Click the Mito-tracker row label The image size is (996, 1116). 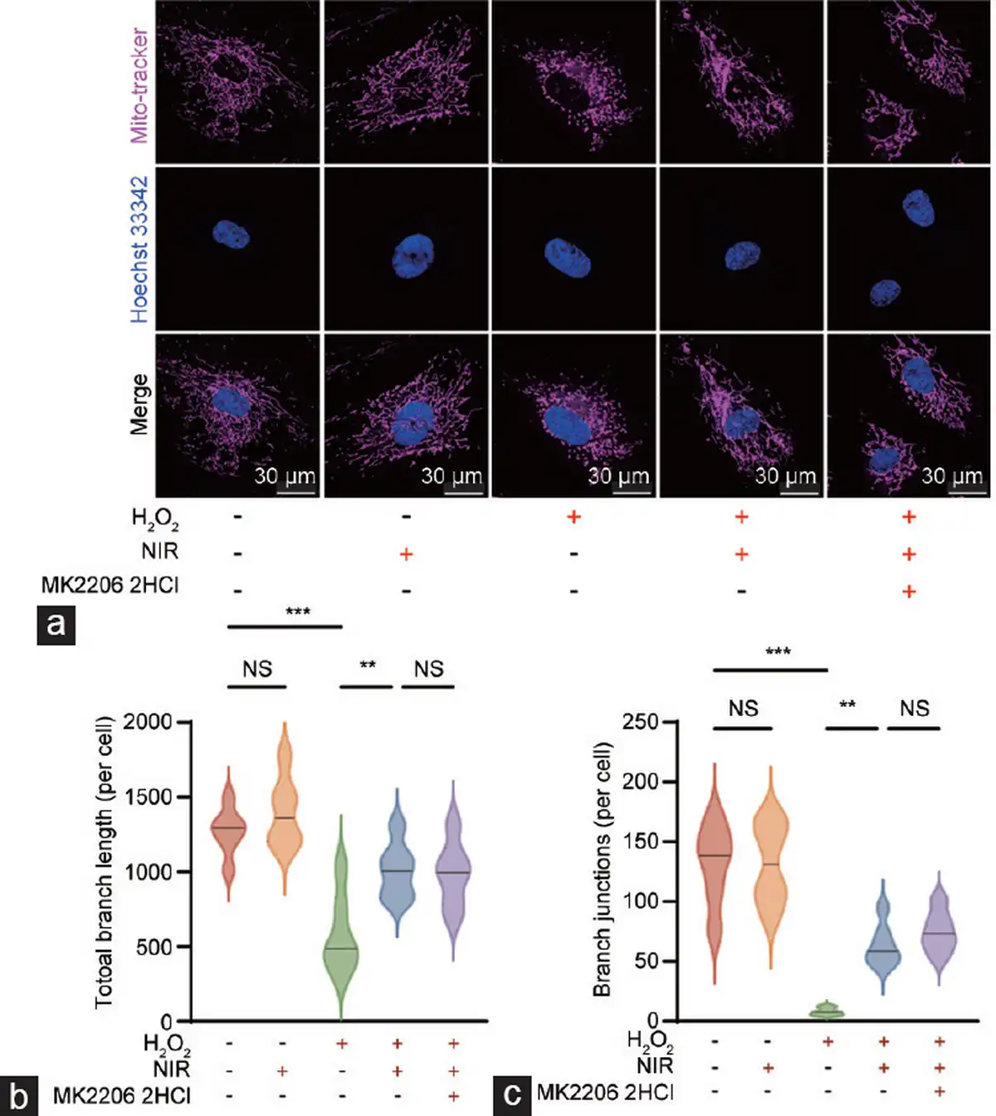pos(139,85)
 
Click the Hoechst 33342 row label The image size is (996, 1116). pos(139,249)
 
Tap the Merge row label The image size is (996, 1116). pos(139,404)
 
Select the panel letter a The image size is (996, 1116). pos(56,624)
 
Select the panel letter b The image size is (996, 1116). pos(18,1096)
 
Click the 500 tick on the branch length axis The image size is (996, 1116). pos(154,947)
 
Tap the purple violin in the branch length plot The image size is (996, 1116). pos(453,871)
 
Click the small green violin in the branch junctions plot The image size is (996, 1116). pos(828,1011)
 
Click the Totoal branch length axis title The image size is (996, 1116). pos(104,863)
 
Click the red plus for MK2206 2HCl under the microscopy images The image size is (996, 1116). pos(909,591)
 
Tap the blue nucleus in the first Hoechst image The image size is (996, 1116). pos(231,235)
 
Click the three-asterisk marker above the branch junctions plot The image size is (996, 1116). pos(778,651)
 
